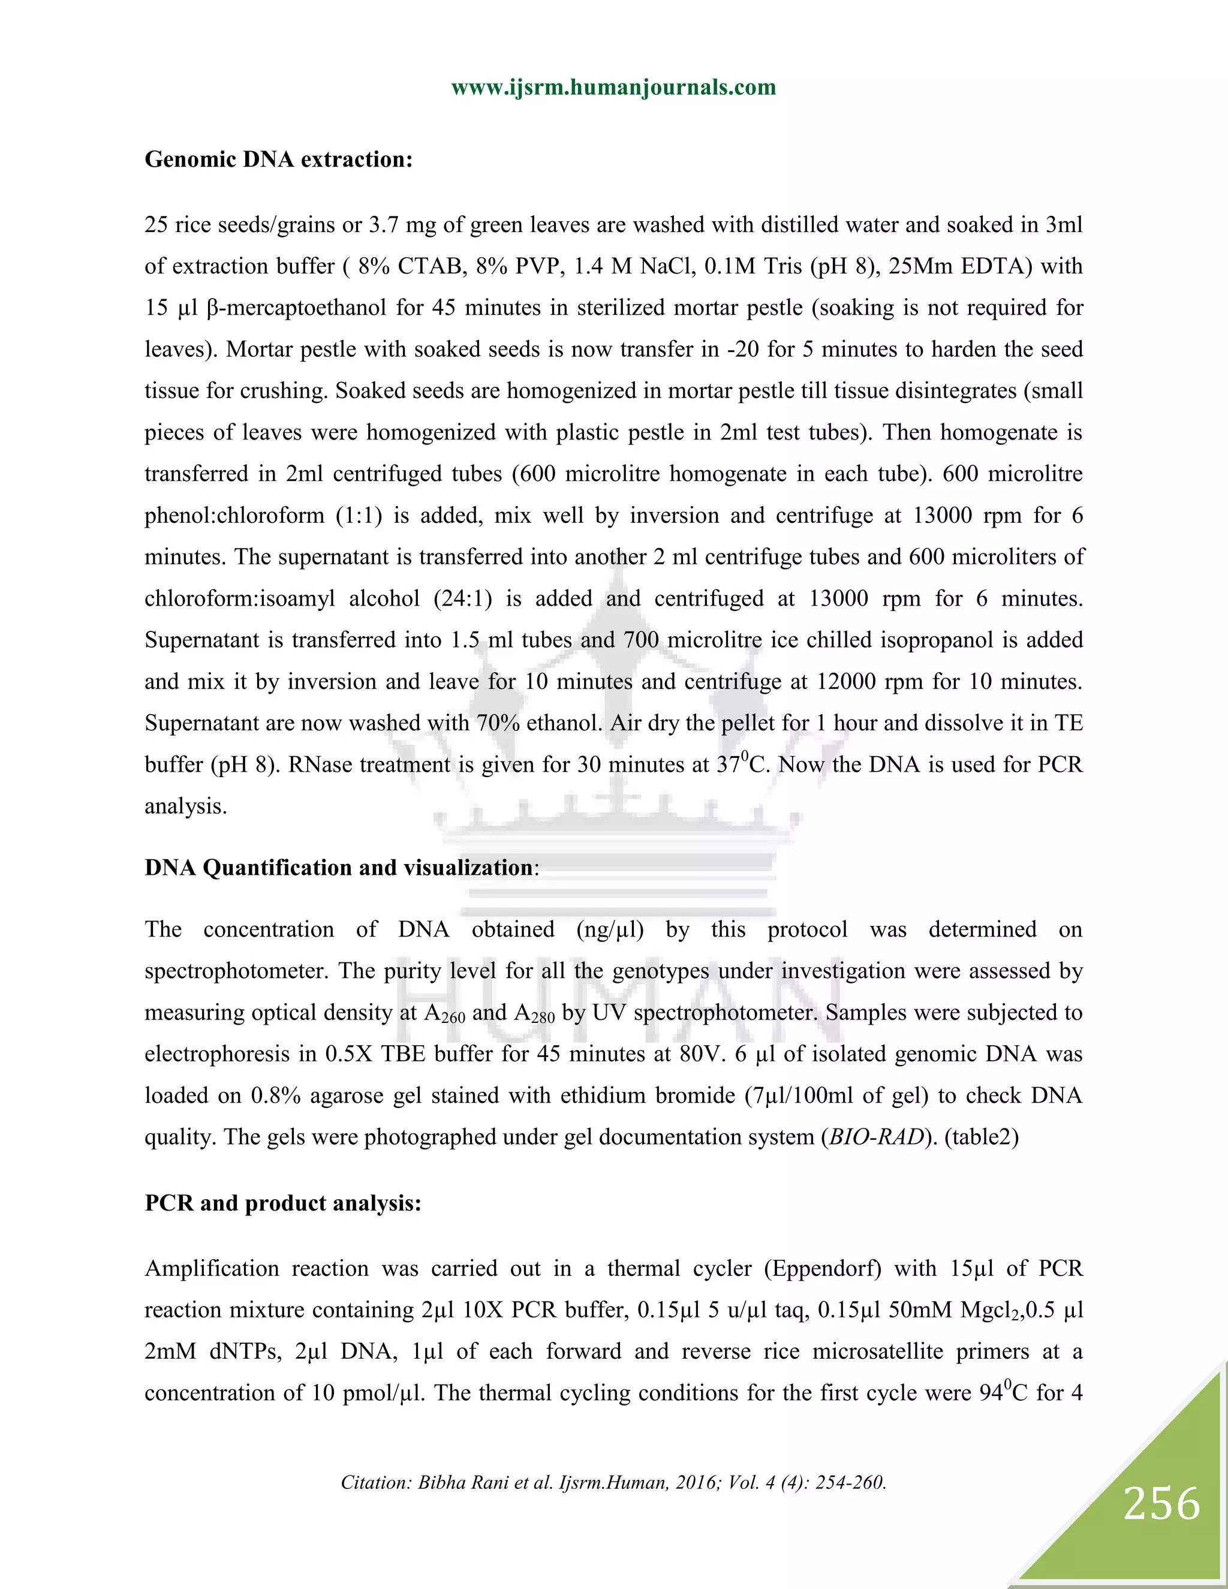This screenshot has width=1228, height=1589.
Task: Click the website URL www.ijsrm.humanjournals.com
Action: [613, 88]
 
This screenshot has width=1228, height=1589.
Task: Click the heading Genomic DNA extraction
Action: [279, 159]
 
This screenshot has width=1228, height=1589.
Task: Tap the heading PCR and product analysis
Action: [283, 1203]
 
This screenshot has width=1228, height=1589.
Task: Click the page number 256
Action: [1161, 1504]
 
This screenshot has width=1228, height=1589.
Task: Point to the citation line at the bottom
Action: [613, 1483]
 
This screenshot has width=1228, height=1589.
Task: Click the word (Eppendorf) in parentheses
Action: [822, 1268]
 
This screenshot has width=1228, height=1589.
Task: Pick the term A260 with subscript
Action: [444, 1013]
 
